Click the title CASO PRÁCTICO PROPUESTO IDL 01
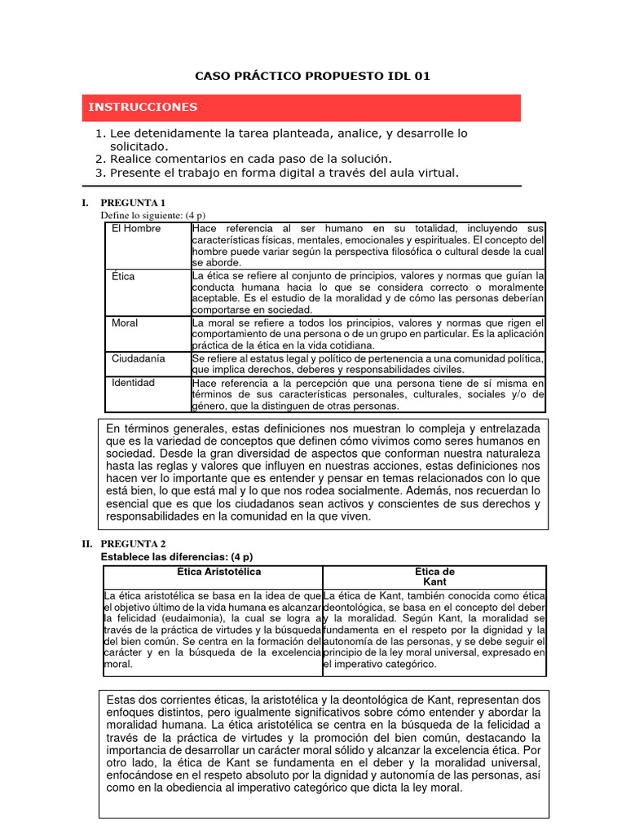point(312,77)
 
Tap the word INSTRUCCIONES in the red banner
point(143,108)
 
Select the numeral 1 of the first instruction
point(99,134)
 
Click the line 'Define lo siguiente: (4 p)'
point(152,215)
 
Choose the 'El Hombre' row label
point(136,229)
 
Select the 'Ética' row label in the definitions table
point(123,277)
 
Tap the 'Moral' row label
point(125,323)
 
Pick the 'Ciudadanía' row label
point(138,358)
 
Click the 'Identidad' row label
point(134,383)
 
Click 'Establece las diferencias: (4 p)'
point(176,557)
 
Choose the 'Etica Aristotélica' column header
point(214,572)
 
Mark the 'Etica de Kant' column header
point(434,577)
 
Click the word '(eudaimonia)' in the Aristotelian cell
point(180,619)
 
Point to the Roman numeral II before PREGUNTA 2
point(86,544)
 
